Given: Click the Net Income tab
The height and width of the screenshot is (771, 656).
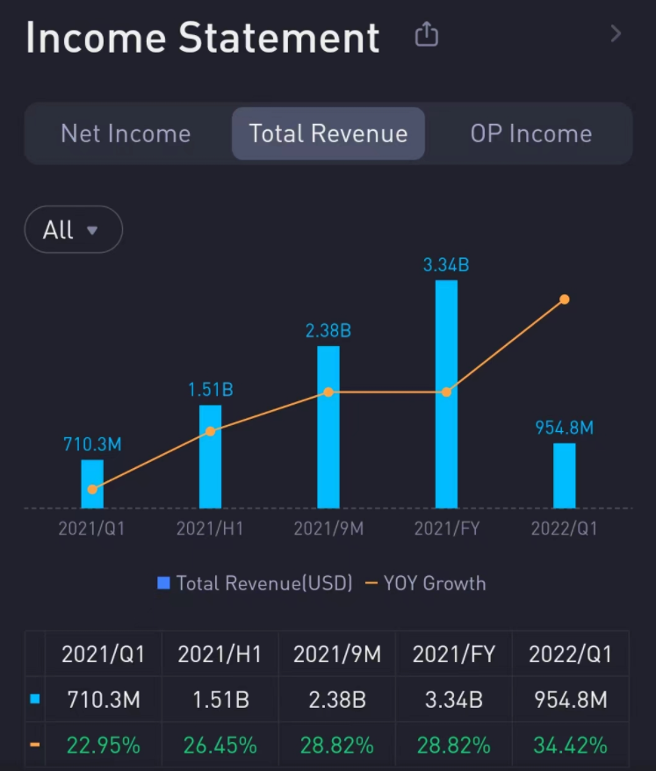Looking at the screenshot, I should click(126, 133).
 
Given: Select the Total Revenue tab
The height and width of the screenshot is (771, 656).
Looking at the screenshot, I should click(328, 133).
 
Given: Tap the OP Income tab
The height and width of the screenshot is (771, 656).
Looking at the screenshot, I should click(530, 133).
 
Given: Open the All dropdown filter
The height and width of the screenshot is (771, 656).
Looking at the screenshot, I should click(73, 230).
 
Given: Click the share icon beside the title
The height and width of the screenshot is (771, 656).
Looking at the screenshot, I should click(426, 35).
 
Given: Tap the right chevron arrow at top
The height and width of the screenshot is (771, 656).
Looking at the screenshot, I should click(616, 34).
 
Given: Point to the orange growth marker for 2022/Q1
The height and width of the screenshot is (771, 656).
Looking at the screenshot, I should click(565, 299).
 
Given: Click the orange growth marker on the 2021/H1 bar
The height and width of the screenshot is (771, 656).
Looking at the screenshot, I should click(210, 431).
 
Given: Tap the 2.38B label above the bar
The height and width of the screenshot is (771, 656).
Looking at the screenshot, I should click(328, 331).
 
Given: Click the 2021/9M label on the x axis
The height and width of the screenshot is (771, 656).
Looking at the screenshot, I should click(328, 529).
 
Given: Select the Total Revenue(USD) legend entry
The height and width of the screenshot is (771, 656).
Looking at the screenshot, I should click(255, 583).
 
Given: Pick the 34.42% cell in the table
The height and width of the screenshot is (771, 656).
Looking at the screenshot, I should click(570, 746).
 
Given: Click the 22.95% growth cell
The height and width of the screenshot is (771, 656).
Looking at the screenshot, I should click(104, 746).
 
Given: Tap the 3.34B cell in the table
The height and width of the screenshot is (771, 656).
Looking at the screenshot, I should click(453, 700).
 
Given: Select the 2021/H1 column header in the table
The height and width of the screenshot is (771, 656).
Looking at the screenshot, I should click(220, 654).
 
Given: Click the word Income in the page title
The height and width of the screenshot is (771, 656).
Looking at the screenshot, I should click(97, 39).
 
